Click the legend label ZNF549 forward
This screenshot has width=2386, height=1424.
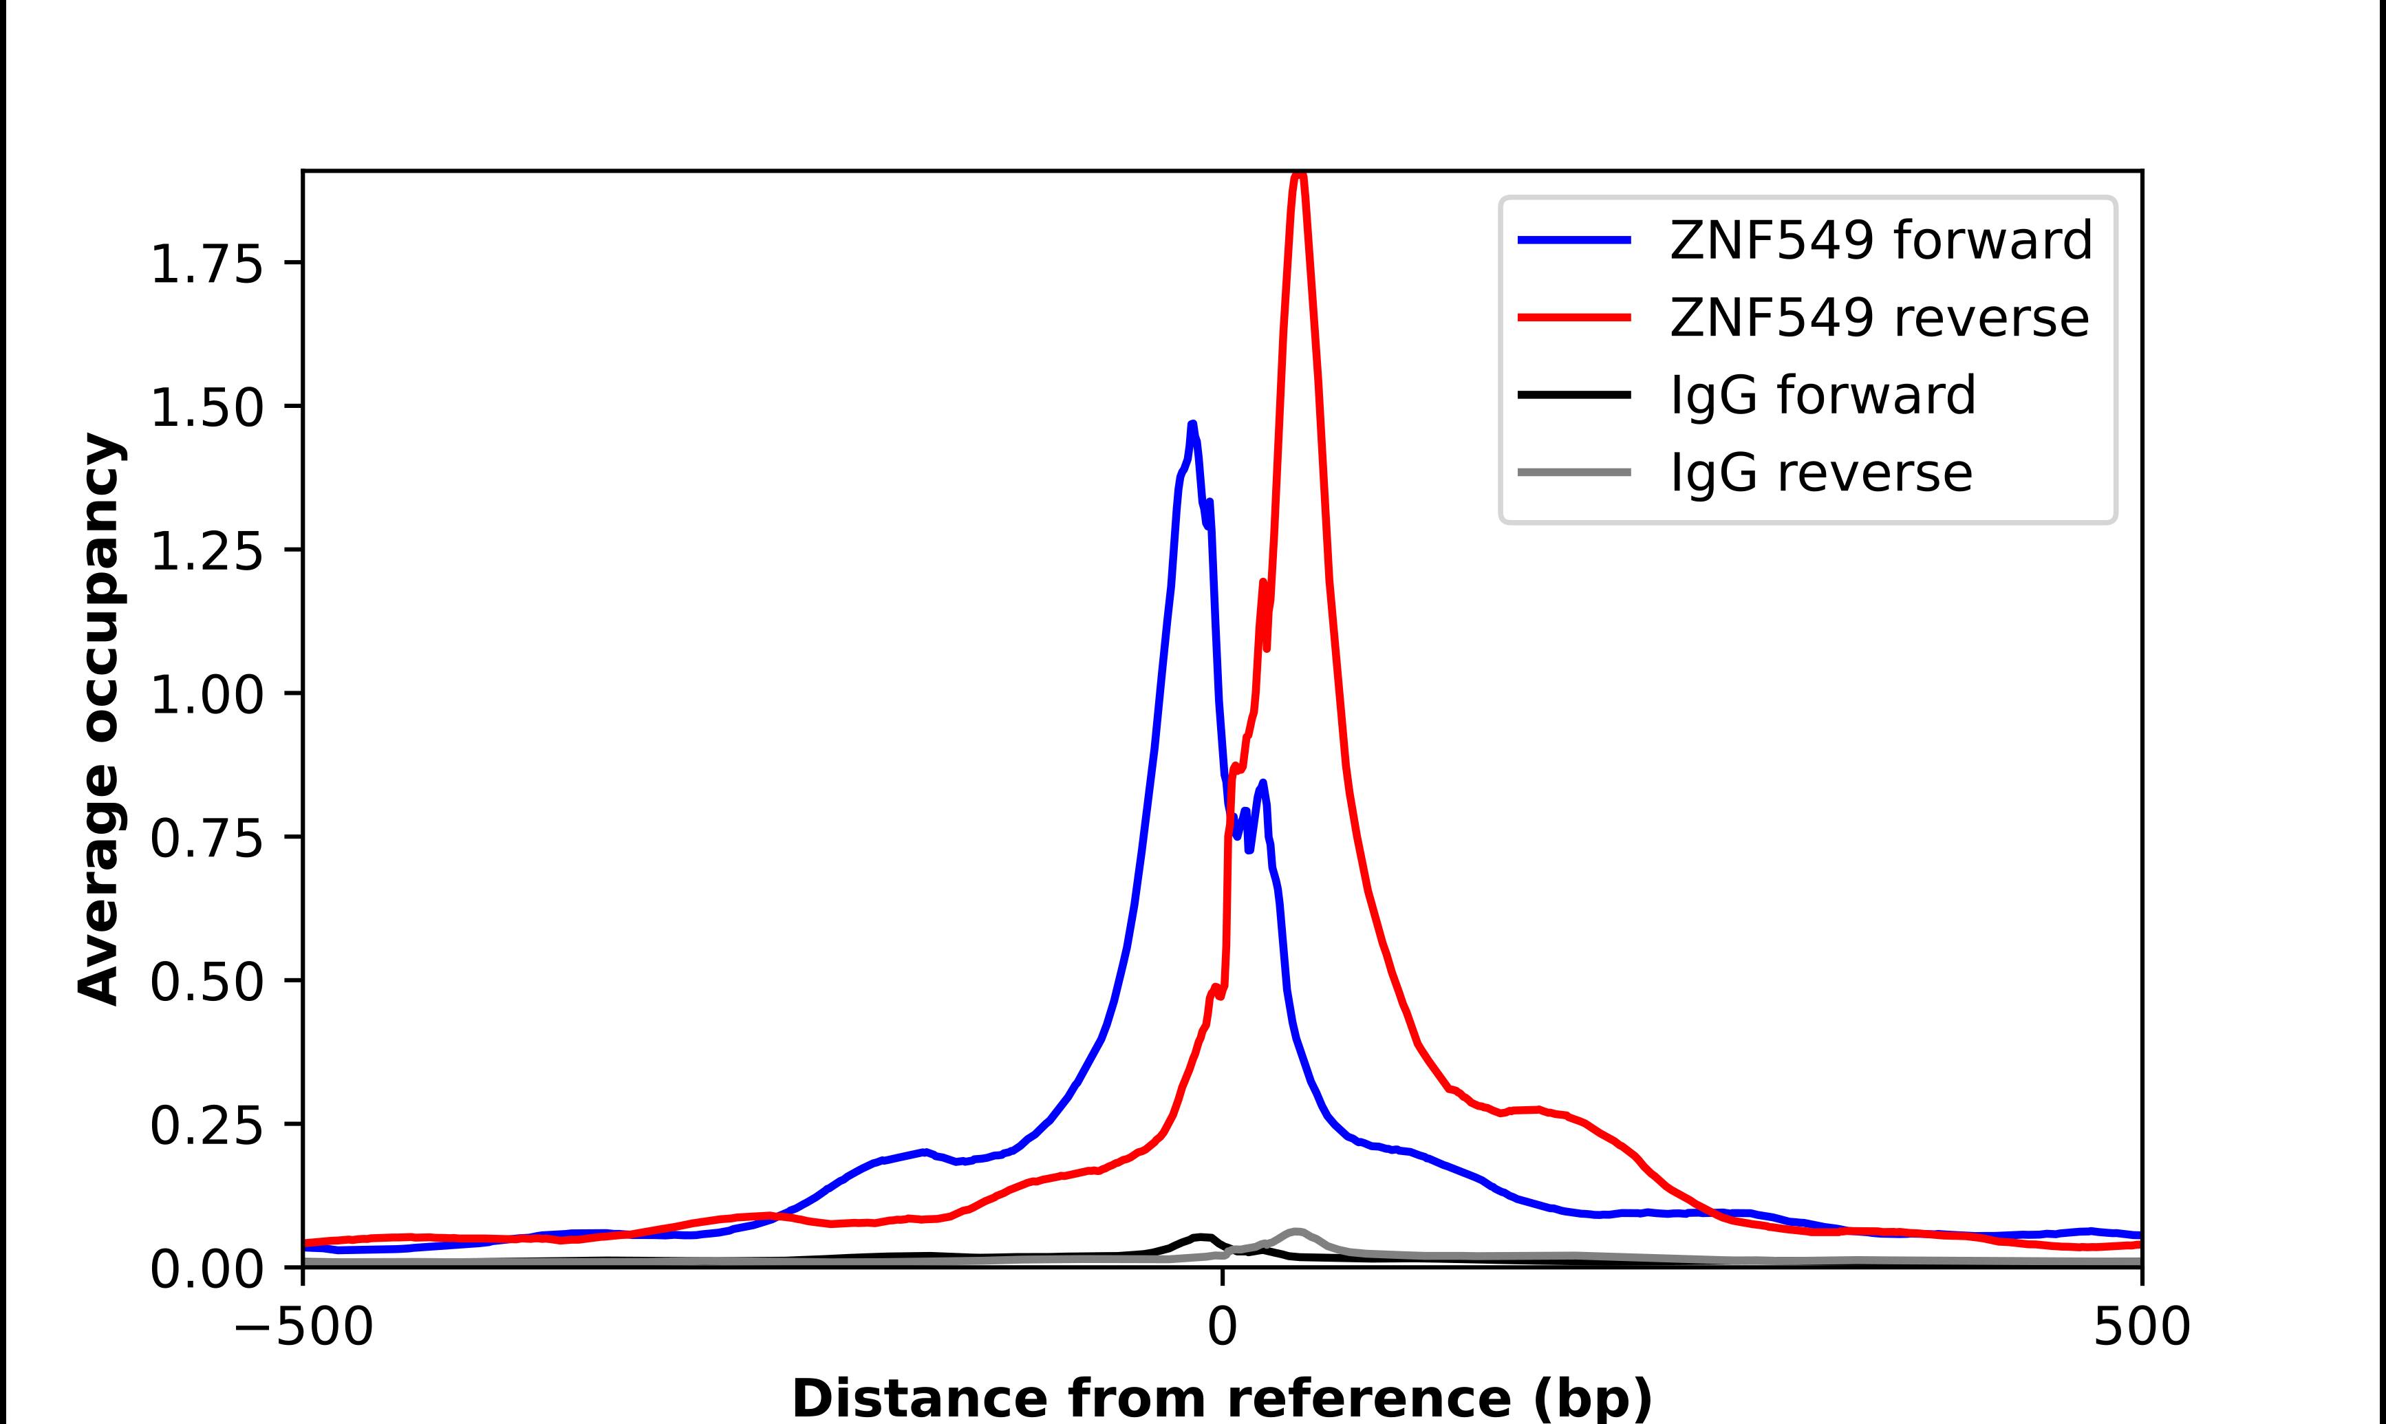click(x=1880, y=240)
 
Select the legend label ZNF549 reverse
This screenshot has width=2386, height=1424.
click(x=1878, y=318)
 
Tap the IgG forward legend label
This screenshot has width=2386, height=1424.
click(x=1823, y=396)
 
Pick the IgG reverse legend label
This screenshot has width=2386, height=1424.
click(x=1821, y=473)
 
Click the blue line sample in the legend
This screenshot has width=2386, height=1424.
click(x=1574, y=240)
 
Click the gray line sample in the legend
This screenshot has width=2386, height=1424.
click(x=1574, y=472)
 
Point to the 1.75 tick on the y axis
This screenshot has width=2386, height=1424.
click(x=206, y=264)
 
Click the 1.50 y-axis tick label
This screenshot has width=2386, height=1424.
click(x=206, y=408)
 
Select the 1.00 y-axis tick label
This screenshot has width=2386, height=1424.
click(x=206, y=695)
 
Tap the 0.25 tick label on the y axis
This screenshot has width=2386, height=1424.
click(x=206, y=1125)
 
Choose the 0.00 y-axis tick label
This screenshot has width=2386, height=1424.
click(x=206, y=1269)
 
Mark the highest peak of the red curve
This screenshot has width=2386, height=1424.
click(x=1298, y=175)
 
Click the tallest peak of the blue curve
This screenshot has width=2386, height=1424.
click(x=1192, y=424)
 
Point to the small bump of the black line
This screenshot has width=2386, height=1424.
click(x=1202, y=1237)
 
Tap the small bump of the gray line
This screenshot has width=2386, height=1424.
click(x=1296, y=1231)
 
